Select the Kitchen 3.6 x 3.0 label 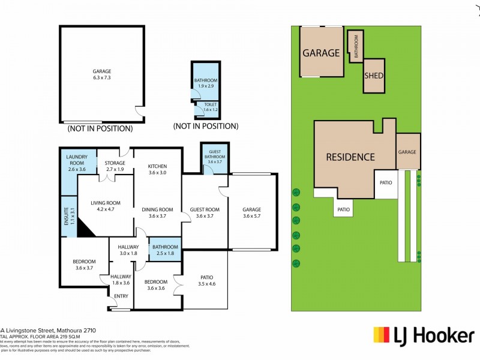tap(158, 170)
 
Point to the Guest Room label tap(205, 213)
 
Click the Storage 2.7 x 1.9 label tap(115, 166)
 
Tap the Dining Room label tap(157, 213)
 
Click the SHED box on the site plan tap(374, 76)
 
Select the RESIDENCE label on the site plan tap(350, 157)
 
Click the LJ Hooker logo tap(424, 335)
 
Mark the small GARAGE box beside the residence tap(407, 152)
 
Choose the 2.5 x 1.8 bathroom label tap(165, 250)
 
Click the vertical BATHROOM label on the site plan tap(355, 46)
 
